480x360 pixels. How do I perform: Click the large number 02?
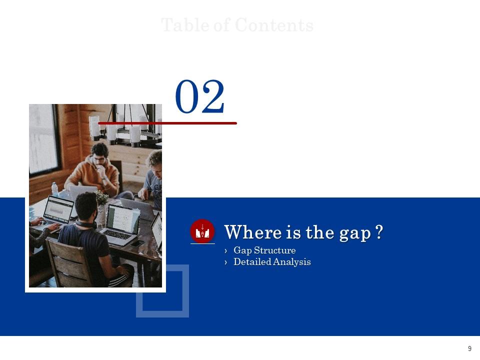200,97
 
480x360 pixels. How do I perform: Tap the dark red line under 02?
167,122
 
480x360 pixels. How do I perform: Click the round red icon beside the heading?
202,231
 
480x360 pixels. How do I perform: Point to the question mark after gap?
379,232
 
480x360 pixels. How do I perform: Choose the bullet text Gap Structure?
264,250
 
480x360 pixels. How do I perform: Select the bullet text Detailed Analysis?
272,262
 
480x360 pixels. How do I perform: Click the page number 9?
469,349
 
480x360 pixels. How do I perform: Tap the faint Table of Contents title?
237,25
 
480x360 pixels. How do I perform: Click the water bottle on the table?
54,189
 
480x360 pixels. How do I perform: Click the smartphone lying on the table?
138,243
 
